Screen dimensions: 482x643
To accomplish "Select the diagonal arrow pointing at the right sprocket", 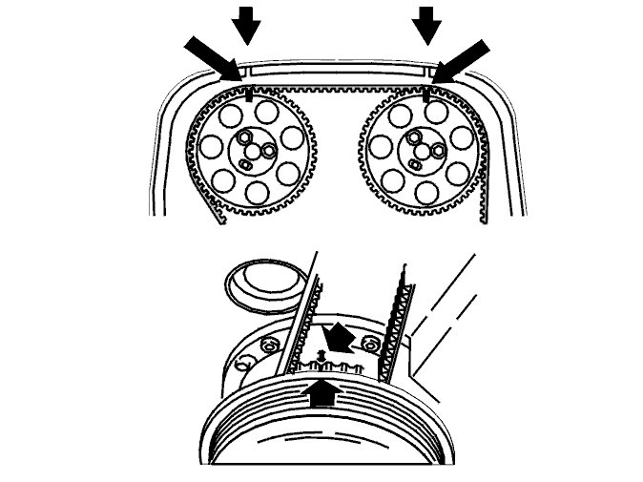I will click(462, 59).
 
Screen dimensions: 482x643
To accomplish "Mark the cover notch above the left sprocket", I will click(243, 71).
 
